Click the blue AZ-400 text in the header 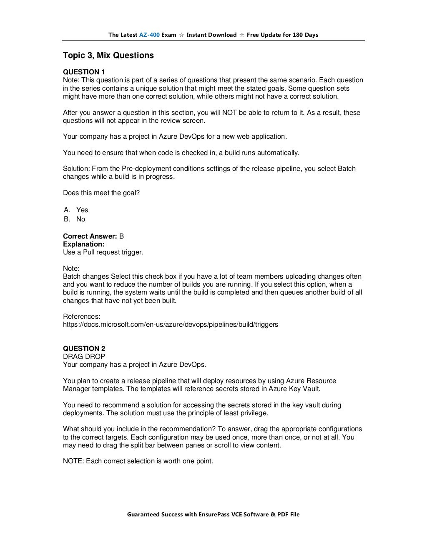pos(149,35)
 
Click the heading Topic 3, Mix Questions pos(108,56)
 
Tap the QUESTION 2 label pos(84,348)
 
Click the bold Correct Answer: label pos(90,236)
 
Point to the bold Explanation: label pos(83,244)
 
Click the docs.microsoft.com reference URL pos(170,324)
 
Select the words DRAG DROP pos(84,356)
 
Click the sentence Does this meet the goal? pos(101,193)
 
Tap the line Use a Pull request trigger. pos(103,252)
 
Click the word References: pos(81,316)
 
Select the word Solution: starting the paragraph pos(76,169)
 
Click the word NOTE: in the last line pos(73,461)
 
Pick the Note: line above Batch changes pos(71,268)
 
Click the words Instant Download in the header pos(211,35)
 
